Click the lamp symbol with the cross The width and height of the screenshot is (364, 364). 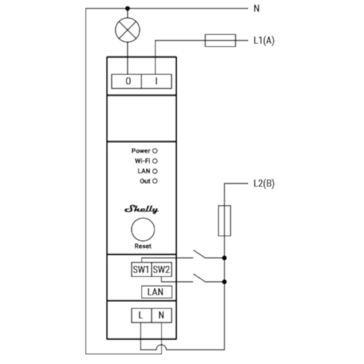(x=127, y=30)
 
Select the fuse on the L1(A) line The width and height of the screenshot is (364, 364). (x=220, y=40)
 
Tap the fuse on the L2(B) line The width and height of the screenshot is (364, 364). (x=225, y=221)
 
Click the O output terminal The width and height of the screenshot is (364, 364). (x=127, y=81)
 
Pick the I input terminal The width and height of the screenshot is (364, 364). (x=157, y=81)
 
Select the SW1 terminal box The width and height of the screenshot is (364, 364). (x=141, y=269)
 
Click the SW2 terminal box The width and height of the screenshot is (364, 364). (x=162, y=269)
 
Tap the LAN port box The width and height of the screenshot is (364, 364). (x=157, y=292)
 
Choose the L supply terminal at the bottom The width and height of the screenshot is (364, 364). (x=141, y=316)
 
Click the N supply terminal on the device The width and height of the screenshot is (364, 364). (x=162, y=316)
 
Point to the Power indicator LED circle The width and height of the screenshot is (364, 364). (x=155, y=151)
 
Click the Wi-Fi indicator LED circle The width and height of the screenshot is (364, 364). (x=155, y=161)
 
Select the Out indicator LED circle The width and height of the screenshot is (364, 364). (x=155, y=181)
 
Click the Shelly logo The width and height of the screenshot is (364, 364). (x=142, y=209)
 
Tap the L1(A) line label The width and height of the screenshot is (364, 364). (x=264, y=40)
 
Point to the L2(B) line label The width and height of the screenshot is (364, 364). (x=264, y=183)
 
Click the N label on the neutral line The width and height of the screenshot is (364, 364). (x=257, y=9)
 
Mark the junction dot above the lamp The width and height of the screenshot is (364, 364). (x=127, y=9)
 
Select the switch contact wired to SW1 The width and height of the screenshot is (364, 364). (x=199, y=254)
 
